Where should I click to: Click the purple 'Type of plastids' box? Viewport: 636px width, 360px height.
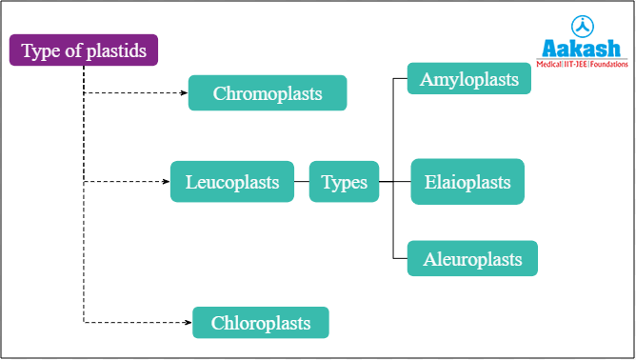(84, 50)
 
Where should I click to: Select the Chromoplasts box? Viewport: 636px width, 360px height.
(268, 93)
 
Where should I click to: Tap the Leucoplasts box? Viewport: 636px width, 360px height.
(232, 181)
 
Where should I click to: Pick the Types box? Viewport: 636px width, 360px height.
(344, 181)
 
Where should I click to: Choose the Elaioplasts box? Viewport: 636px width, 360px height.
(467, 181)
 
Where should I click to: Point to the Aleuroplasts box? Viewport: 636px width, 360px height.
(472, 258)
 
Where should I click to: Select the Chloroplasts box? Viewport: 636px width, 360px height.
(261, 323)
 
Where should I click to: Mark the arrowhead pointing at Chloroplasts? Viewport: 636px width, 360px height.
(188, 323)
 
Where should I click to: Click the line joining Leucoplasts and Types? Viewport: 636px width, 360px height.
(301, 181)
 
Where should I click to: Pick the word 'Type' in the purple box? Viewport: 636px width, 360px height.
(39, 50)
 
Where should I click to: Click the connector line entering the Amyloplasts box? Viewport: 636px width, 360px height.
(400, 78)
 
